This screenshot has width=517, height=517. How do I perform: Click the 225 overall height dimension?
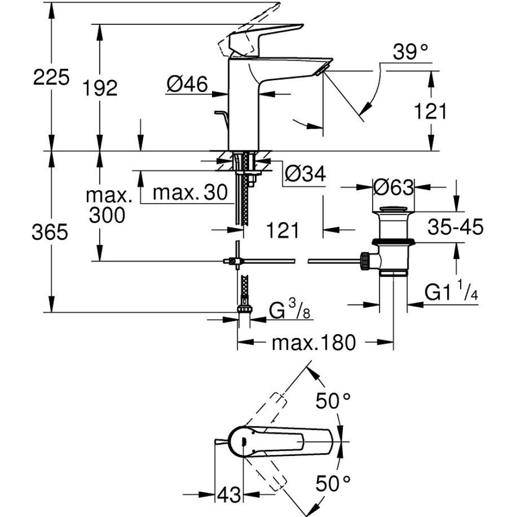(x=50, y=78)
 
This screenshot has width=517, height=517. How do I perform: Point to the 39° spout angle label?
(x=411, y=52)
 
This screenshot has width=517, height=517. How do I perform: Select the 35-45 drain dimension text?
(x=455, y=226)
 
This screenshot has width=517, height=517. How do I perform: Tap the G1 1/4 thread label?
(x=450, y=293)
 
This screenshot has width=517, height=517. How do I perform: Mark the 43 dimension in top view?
(x=229, y=495)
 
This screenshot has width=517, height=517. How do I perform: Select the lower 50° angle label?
(x=333, y=483)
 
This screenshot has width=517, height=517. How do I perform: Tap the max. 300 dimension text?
(x=107, y=205)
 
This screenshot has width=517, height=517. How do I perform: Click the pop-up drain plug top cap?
(x=394, y=209)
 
